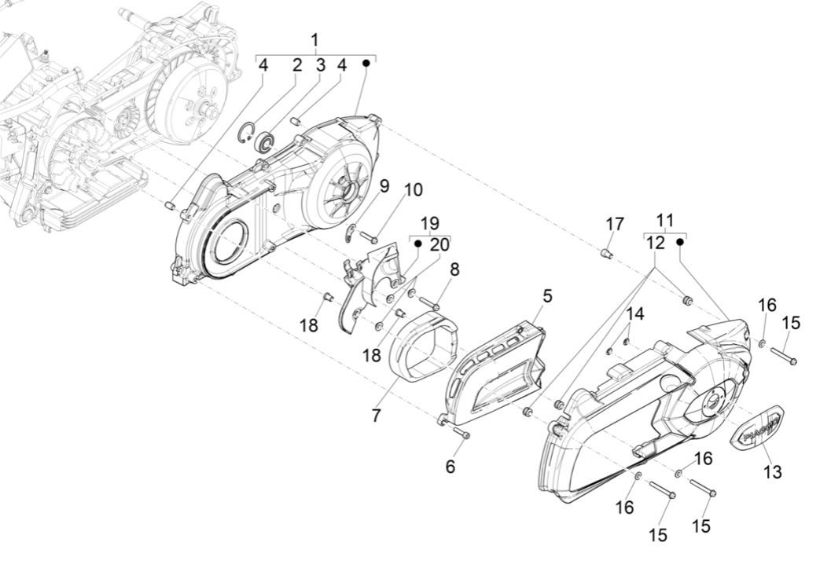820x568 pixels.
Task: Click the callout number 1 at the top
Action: pos(315,40)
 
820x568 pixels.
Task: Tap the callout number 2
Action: pos(297,65)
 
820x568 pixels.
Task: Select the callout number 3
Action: pos(320,65)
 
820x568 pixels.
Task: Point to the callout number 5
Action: pos(546,296)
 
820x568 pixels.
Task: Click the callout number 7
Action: pos(377,415)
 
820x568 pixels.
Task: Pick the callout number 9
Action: pos(384,186)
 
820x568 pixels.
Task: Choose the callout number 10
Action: pos(414,190)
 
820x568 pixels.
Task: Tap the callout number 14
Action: pos(634,314)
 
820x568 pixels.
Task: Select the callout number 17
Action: pos(615,225)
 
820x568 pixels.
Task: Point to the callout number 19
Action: pos(429,222)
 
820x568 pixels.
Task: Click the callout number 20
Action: pos(439,244)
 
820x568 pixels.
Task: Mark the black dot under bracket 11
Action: pos(680,243)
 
